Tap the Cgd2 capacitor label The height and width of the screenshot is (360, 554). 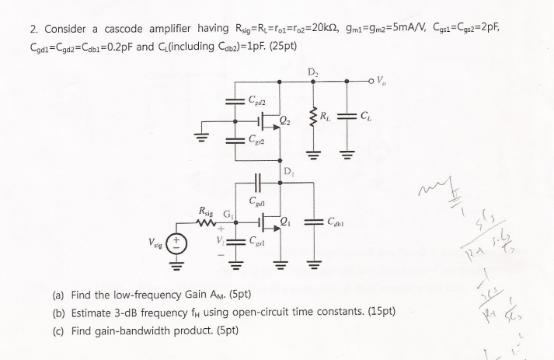258,100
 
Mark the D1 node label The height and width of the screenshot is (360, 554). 289,171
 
